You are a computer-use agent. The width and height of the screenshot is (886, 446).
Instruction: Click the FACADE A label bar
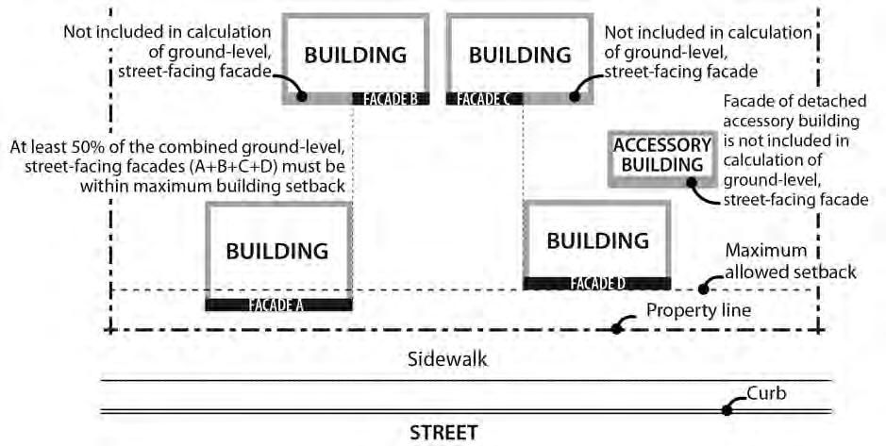click(277, 305)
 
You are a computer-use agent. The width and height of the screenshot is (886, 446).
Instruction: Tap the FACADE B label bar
click(391, 97)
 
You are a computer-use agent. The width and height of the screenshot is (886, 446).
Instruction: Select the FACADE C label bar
click(483, 97)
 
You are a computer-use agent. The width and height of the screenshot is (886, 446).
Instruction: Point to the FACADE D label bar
click(596, 283)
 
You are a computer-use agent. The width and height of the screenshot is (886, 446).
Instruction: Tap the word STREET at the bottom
click(443, 434)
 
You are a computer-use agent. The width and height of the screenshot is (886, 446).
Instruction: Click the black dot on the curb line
click(727, 409)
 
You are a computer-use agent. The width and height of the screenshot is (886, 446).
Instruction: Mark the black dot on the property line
click(617, 329)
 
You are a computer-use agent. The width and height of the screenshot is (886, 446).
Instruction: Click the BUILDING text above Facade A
click(276, 251)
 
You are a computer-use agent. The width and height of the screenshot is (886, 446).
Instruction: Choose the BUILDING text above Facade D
click(597, 240)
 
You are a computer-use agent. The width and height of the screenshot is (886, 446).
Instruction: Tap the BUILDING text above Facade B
click(355, 55)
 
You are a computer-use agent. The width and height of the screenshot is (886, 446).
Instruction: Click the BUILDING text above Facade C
click(520, 55)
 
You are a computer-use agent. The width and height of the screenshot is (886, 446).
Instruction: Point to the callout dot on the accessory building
click(694, 182)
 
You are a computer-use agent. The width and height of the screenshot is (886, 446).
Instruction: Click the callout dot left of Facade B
click(301, 95)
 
